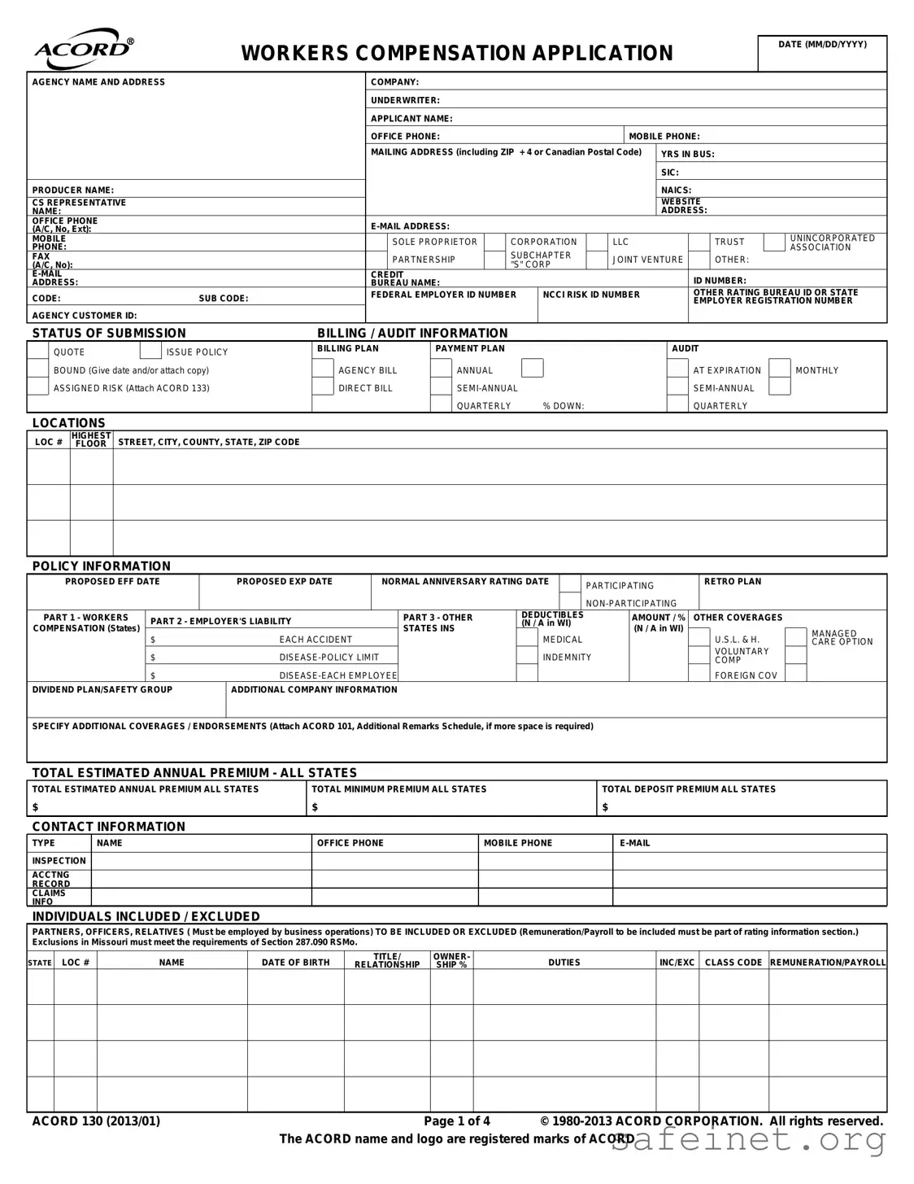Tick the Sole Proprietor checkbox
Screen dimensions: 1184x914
pyautogui.click(x=376, y=242)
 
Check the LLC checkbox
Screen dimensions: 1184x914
pyautogui.click(x=598, y=242)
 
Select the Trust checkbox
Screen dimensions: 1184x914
pyautogui.click(x=699, y=242)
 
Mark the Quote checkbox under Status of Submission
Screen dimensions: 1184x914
pyautogui.click(x=38, y=352)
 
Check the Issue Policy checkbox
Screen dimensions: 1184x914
pyautogui.click(x=150, y=352)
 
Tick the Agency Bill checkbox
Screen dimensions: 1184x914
pyautogui.click(x=323, y=370)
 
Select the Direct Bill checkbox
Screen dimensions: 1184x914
pyautogui.click(x=323, y=388)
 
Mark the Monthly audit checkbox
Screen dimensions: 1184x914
pyautogui.click(x=780, y=369)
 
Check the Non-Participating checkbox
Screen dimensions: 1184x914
pyautogui.click(x=571, y=603)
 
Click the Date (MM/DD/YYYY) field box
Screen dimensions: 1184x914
pyautogui.click(x=822, y=59)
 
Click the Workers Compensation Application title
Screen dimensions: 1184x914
pyautogui.click(x=457, y=53)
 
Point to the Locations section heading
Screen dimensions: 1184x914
pyautogui.click(x=69, y=423)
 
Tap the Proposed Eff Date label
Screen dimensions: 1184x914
pyautogui.click(x=112, y=582)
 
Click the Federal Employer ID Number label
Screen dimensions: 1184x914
pyautogui.click(x=443, y=295)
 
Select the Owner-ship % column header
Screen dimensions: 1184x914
pyautogui.click(x=451, y=960)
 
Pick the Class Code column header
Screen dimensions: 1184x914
pyautogui.click(x=733, y=962)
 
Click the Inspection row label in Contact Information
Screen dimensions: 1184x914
pyautogui.click(x=59, y=861)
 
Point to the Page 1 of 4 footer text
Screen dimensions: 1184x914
pyautogui.click(x=457, y=1121)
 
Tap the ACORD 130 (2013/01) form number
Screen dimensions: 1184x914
pyautogui.click(x=96, y=1121)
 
